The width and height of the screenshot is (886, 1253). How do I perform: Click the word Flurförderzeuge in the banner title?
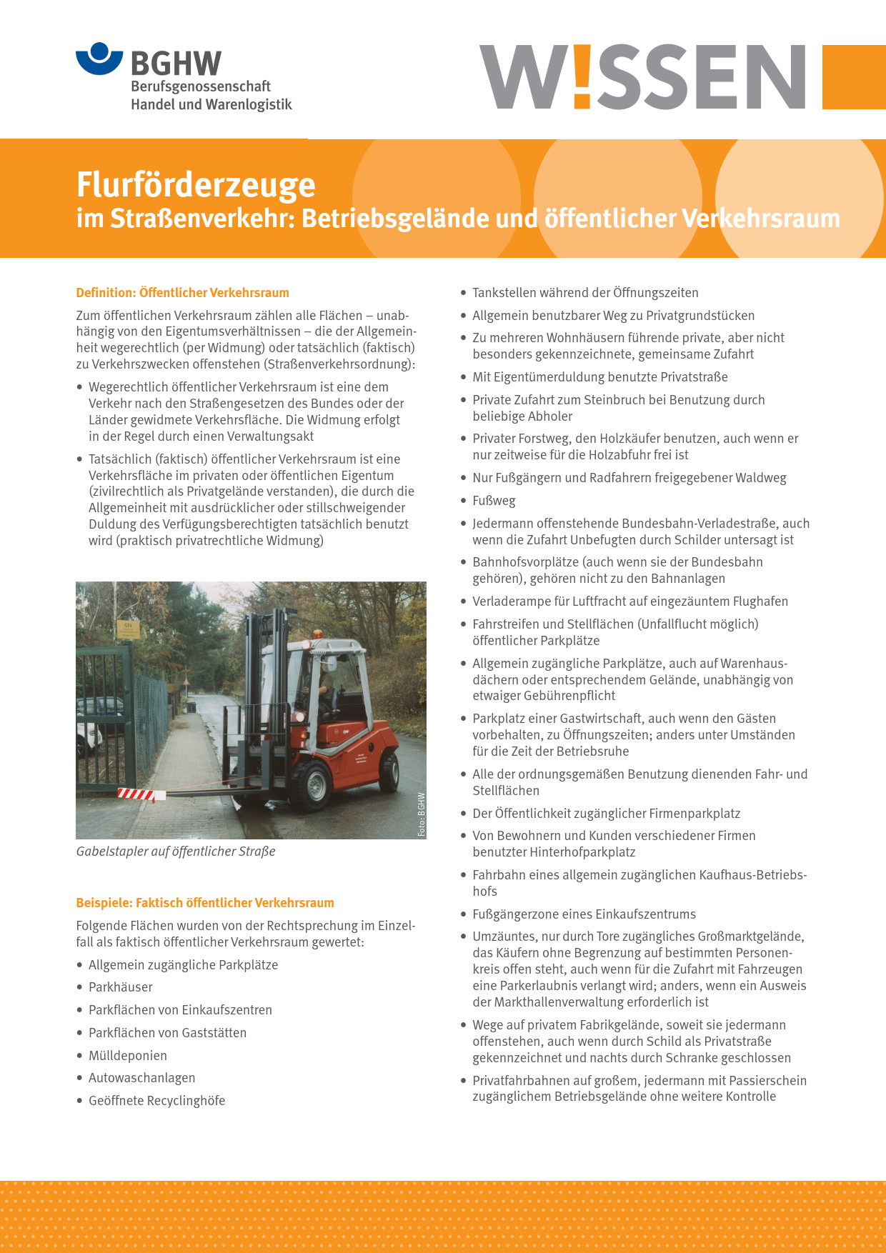[x=195, y=184]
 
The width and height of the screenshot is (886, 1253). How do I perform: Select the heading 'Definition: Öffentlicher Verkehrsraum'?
[x=182, y=293]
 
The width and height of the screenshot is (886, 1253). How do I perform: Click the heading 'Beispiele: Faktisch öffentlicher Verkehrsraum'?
[x=205, y=903]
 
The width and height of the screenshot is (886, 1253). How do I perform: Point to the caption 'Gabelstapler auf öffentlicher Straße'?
[x=176, y=852]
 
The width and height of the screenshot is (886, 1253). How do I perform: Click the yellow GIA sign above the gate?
[x=129, y=629]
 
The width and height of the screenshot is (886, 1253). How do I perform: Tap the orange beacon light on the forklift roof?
[x=317, y=634]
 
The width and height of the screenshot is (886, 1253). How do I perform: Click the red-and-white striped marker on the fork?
[x=136, y=794]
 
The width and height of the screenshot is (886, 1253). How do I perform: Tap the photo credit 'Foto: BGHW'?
[x=422, y=814]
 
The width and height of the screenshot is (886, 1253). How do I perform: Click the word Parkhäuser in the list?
[x=120, y=987]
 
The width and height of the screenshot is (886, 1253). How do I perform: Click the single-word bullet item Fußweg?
[x=494, y=501]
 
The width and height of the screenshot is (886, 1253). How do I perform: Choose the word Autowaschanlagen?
[x=141, y=1078]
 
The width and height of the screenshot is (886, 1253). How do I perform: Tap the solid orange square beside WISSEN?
[x=854, y=77]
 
